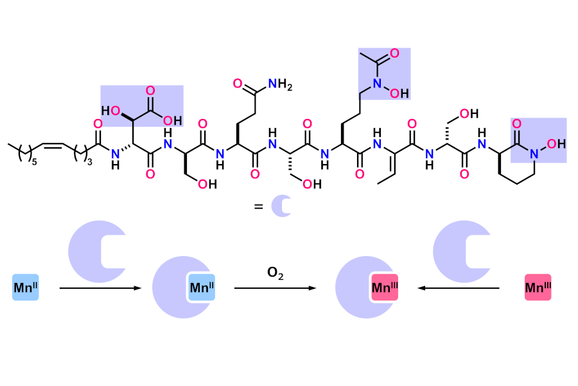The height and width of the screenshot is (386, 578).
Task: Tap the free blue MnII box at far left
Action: (x=26, y=288)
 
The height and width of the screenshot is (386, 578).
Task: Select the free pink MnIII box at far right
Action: (x=538, y=288)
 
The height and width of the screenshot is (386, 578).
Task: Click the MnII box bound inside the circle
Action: (x=202, y=288)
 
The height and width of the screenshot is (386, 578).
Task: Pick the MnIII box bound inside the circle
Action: (x=385, y=288)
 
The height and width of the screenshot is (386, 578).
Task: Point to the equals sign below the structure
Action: (x=258, y=207)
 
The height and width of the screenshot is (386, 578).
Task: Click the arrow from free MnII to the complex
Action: (x=100, y=288)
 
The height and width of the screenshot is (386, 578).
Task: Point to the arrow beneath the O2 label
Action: (x=275, y=288)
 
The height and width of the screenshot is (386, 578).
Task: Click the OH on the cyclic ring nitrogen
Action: (x=556, y=143)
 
